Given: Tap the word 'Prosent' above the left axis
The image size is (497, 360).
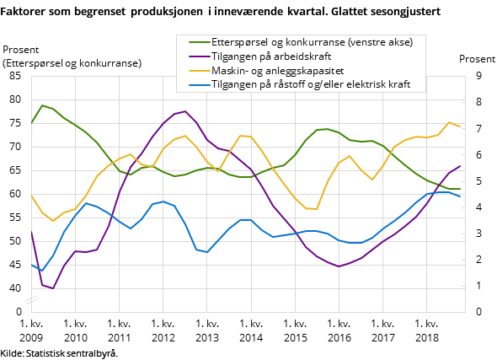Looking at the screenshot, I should pos(21,50).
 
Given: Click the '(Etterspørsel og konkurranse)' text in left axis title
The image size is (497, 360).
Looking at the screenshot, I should pos(72,63).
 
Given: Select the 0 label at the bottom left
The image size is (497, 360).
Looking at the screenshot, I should pos(18,312).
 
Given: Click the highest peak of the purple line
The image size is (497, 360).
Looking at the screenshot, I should pos(184,111).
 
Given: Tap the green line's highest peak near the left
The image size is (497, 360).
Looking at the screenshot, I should pos(42,105).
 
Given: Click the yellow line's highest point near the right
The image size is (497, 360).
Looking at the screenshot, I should pos(449,122).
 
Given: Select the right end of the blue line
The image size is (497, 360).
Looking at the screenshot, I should pos(460,196).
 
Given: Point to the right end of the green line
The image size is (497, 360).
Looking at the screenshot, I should pos(460,189).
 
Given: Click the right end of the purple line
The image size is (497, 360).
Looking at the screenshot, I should pos(460,166).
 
